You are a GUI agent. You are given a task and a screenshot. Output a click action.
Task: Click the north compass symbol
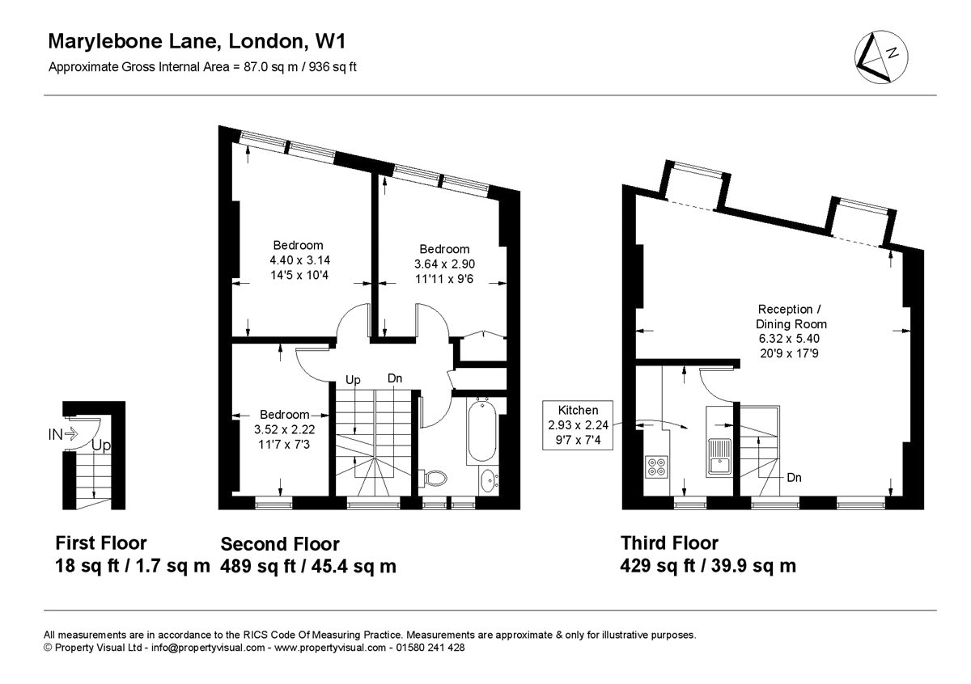pyautogui.click(x=881, y=57)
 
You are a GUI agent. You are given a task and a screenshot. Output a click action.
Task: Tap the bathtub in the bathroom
pyautogui.click(x=481, y=431)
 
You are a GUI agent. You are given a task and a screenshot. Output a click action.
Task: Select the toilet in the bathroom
pyautogui.click(x=432, y=479)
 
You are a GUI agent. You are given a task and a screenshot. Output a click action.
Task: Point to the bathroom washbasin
pyautogui.click(x=489, y=481)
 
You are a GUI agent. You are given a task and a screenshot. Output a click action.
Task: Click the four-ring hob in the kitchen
pyautogui.click(x=656, y=467)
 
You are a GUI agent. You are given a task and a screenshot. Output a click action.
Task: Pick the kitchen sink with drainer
pyautogui.click(x=719, y=457)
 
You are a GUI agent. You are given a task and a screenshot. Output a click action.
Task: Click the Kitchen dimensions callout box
pyautogui.click(x=578, y=425)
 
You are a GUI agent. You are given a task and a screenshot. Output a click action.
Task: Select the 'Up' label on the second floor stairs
pyautogui.click(x=353, y=380)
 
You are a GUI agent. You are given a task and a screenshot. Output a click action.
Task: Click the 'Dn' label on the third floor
pyautogui.click(x=794, y=477)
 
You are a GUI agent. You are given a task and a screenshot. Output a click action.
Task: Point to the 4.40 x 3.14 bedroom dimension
pyautogui.click(x=299, y=260)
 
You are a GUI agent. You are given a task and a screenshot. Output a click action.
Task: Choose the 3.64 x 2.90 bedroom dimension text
pyautogui.click(x=445, y=264)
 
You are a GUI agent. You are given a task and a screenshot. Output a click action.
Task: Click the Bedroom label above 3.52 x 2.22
pyautogui.click(x=284, y=415)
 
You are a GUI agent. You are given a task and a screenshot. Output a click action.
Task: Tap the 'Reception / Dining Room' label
pyautogui.click(x=791, y=317)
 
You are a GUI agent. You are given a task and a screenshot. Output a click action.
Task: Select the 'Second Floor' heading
pyautogui.click(x=280, y=544)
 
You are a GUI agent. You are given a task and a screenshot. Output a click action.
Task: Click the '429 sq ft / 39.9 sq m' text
pyautogui.click(x=708, y=566)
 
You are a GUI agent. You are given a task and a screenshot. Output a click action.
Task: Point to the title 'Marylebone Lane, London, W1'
pyautogui.click(x=197, y=41)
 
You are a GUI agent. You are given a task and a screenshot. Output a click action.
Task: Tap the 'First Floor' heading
pyautogui.click(x=101, y=543)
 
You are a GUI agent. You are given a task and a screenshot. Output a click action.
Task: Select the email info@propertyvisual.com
pyautogui.click(x=208, y=648)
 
